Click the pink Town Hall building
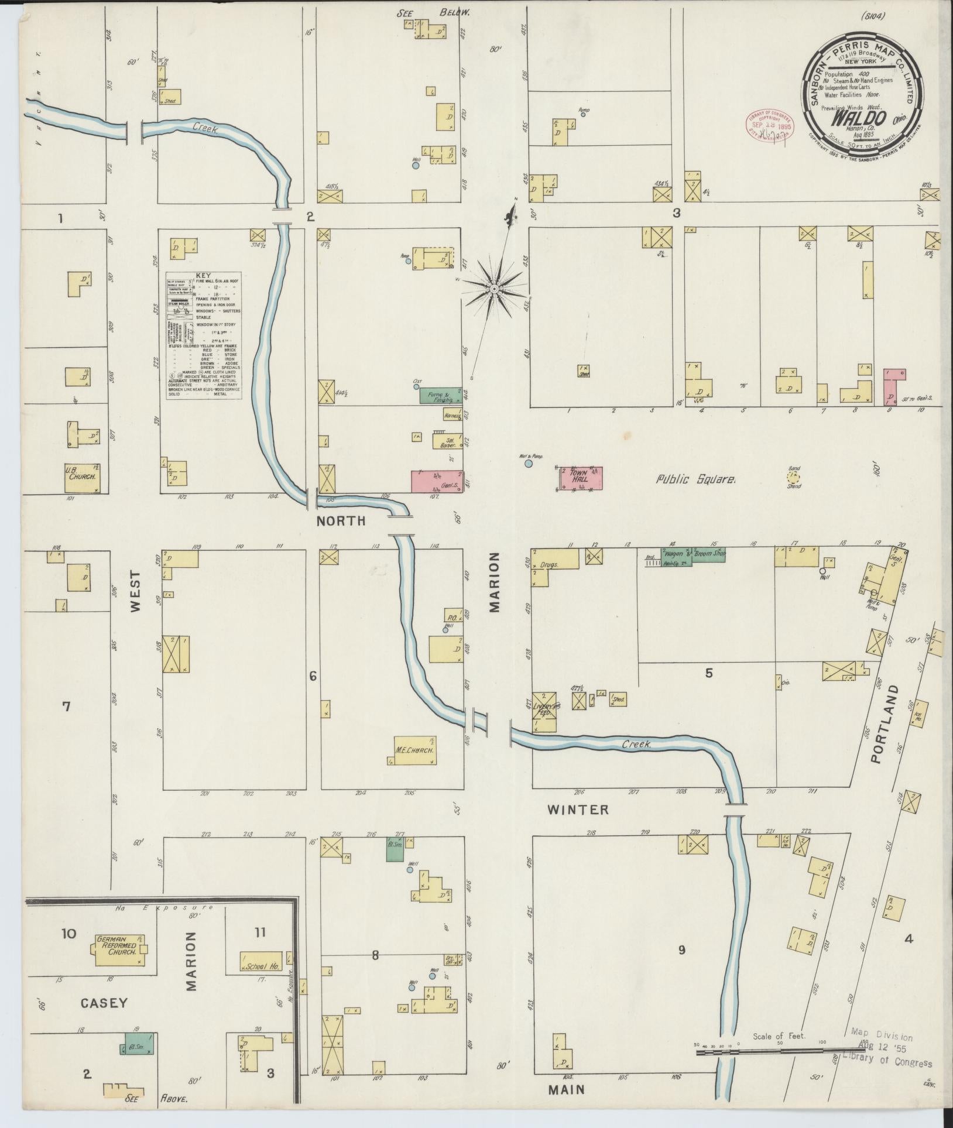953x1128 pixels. (x=580, y=478)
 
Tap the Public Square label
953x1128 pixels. (x=695, y=479)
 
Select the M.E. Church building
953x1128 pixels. (x=416, y=751)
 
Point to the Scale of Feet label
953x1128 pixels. (x=779, y=1036)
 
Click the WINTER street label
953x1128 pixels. (x=578, y=810)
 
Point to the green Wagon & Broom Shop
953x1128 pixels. (x=693, y=554)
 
